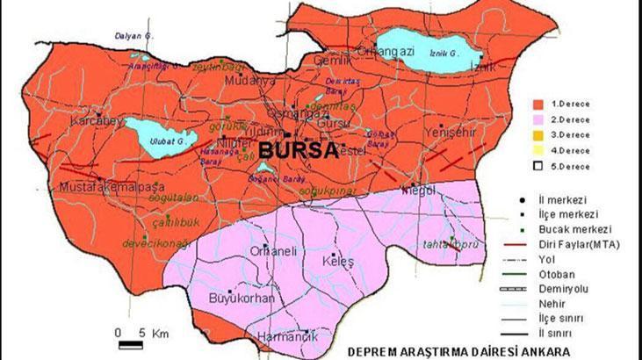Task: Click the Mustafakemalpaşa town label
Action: (x=102, y=188)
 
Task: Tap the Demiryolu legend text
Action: (x=575, y=287)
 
